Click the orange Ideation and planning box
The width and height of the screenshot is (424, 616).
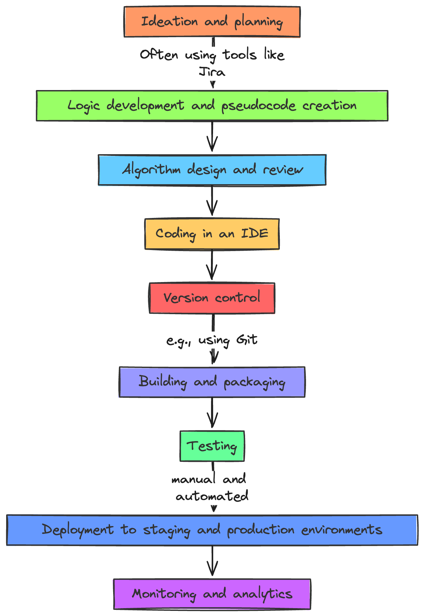tap(212, 22)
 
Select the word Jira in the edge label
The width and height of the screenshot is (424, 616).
tap(212, 72)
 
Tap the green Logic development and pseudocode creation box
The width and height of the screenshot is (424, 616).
tap(212, 106)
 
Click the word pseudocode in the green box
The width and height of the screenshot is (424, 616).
tap(258, 106)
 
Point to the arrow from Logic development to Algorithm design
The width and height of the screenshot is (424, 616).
tap(212, 136)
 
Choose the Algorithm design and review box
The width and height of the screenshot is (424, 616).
tap(212, 170)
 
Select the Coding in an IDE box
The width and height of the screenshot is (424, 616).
tap(212, 234)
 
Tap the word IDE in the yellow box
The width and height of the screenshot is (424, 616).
tap(255, 234)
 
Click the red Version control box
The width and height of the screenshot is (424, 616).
tap(212, 298)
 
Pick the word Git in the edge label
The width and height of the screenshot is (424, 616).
tap(247, 340)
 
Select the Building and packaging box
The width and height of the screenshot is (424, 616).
tap(212, 382)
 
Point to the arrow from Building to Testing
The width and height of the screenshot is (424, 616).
tap(212, 413)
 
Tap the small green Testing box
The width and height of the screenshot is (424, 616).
tap(212, 446)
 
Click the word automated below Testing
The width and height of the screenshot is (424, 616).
tap(212, 496)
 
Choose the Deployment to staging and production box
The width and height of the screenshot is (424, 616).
tap(212, 530)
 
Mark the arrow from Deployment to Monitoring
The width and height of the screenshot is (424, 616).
tap(212, 561)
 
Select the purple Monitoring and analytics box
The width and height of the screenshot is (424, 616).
tap(212, 594)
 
